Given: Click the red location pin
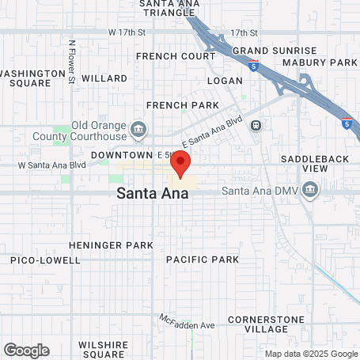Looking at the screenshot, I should click(x=180, y=165).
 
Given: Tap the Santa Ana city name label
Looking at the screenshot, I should click(x=153, y=192).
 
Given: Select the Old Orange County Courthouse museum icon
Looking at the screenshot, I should click(x=139, y=129).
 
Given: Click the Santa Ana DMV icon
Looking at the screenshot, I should click(x=310, y=190).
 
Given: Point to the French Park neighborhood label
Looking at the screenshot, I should click(x=182, y=104).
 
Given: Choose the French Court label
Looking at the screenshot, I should click(x=175, y=56).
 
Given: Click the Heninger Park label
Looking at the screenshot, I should click(x=111, y=245).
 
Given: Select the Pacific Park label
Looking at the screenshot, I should click(x=203, y=260).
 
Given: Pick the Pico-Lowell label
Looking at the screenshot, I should click(x=45, y=260).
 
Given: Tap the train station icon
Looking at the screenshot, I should click(x=256, y=125).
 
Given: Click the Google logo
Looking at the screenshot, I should click(x=26, y=350).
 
